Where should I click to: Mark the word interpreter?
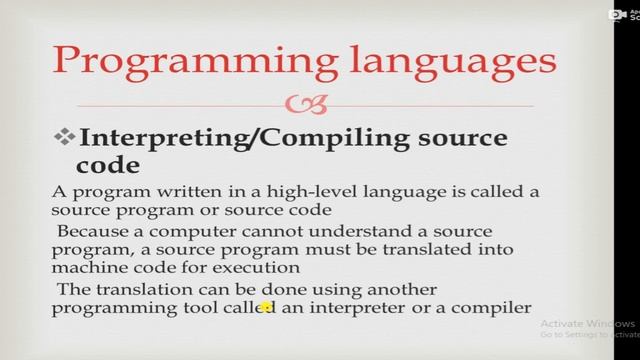click(x=363, y=308)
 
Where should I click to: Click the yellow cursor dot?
click(x=266, y=308)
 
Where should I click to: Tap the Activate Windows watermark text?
click(x=587, y=326)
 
